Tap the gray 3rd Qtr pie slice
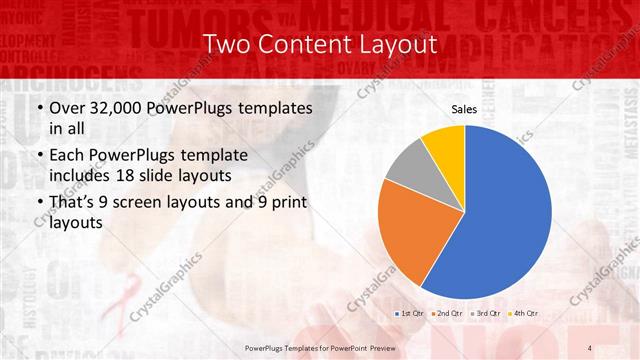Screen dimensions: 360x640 click(407, 167)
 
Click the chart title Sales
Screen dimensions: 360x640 click(464, 109)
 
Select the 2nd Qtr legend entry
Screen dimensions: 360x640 click(448, 314)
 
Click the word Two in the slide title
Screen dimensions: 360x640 click(223, 46)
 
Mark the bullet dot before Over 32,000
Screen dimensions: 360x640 click(39, 108)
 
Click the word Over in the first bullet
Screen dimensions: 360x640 click(67, 108)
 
